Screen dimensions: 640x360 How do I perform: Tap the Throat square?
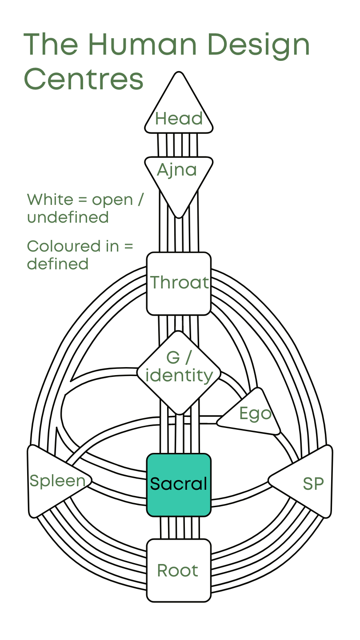click(x=179, y=283)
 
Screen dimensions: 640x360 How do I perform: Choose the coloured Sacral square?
click(x=179, y=484)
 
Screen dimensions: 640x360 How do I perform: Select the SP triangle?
click(x=307, y=482)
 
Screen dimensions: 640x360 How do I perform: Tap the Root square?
click(x=179, y=570)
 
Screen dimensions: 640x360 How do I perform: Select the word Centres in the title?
click(x=84, y=79)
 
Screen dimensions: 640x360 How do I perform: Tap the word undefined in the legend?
click(x=68, y=218)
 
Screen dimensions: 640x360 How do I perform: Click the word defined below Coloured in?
click(x=58, y=264)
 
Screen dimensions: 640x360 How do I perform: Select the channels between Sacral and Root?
click(x=179, y=528)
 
